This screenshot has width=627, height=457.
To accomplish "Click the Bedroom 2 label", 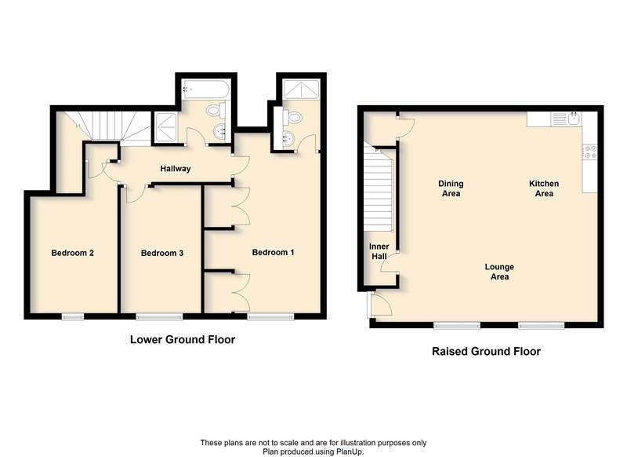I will click(73, 253).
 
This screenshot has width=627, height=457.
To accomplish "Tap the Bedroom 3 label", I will click(162, 253).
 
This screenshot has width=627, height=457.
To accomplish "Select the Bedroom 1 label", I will click(273, 253).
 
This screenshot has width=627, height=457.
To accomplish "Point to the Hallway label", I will click(176, 169).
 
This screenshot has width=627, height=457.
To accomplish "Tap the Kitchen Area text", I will click(544, 188).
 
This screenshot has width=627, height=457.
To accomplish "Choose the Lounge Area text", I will click(499, 272).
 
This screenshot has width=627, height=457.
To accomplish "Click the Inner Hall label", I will click(379, 251).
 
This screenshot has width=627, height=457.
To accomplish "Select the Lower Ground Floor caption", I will click(182, 340).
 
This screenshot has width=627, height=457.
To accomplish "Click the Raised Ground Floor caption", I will click(486, 352).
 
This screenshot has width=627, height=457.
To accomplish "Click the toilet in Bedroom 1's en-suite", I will click(293, 117).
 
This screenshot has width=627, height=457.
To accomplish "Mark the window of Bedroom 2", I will click(73, 316).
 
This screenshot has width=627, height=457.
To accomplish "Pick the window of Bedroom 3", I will click(159, 316).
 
